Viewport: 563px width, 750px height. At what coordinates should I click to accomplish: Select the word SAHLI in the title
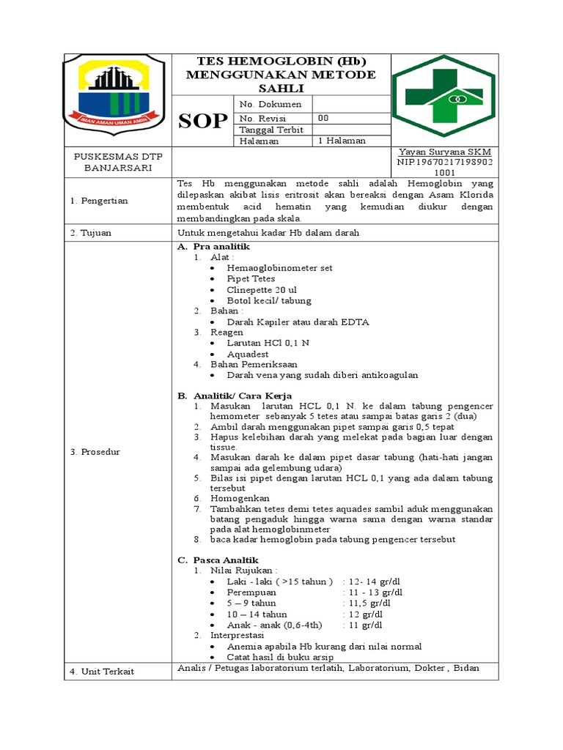pos(281,87)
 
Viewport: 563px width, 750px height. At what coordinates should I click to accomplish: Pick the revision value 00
pos(323,118)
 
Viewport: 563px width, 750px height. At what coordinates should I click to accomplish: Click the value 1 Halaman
pos(342,141)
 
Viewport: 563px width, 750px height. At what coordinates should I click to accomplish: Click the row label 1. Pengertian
pos(99,200)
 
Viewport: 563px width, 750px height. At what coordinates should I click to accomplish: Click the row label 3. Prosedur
pos(95,452)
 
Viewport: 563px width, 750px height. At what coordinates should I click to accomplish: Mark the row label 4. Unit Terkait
pos(102,671)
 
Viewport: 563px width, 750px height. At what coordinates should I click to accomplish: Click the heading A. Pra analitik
pos(214,247)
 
